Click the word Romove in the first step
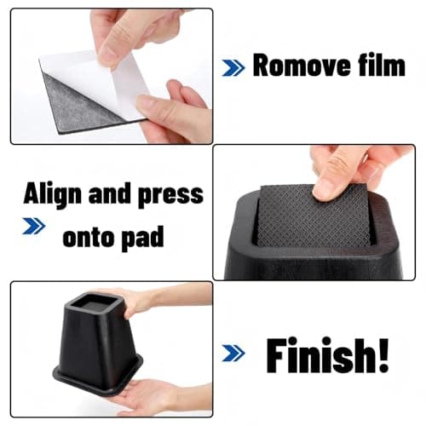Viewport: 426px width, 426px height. [x=302, y=66]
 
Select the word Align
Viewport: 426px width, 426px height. [x=53, y=195]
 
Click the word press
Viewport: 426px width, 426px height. [x=170, y=196]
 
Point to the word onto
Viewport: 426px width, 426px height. [x=89, y=236]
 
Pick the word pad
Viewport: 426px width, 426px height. [x=142, y=238]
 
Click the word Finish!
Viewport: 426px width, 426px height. [x=327, y=355]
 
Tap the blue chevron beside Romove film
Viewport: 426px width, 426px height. [x=233, y=68]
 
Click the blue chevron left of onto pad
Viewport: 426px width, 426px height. [x=34, y=226]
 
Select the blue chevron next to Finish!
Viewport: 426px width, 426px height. [x=233, y=353]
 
